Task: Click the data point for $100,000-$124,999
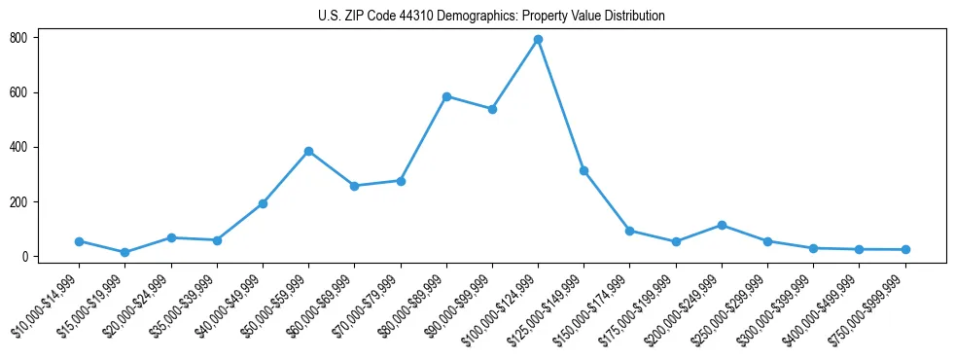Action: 538,40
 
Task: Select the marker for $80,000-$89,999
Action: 446,96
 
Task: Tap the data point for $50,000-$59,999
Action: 308,152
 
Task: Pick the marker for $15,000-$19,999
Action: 124,253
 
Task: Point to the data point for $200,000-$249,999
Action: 722,225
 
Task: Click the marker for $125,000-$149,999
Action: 584,171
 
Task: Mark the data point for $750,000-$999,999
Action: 905,250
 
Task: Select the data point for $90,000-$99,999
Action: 492,109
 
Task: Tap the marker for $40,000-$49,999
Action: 263,203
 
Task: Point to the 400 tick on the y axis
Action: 24,147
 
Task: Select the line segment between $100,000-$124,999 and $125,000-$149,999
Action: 561,105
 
